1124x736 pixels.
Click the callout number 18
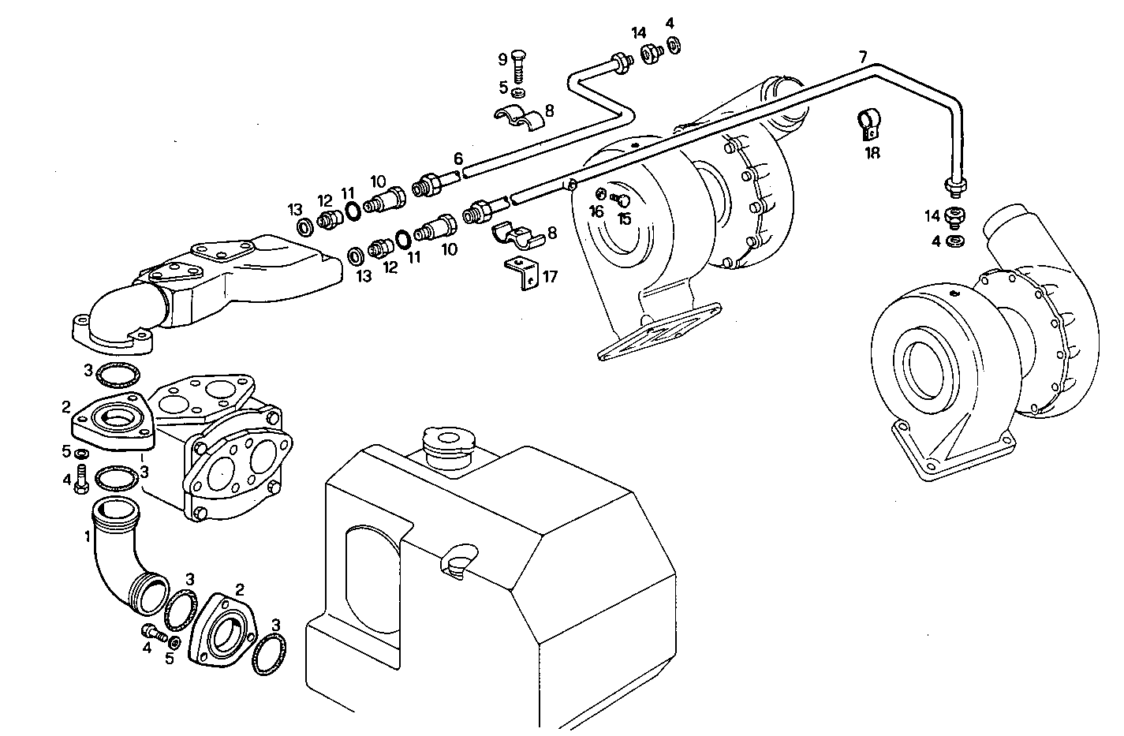872,153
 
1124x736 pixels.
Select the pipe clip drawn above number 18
869,122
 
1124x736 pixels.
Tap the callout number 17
550,276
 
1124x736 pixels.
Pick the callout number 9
502,59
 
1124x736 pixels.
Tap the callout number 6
457,159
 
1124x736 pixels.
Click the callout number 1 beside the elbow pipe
87,536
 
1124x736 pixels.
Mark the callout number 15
625,218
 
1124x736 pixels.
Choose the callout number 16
596,211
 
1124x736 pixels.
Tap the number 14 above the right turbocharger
933,215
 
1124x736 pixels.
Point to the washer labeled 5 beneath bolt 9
517,93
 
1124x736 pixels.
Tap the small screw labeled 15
621,199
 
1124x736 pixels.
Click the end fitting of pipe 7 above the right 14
956,186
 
